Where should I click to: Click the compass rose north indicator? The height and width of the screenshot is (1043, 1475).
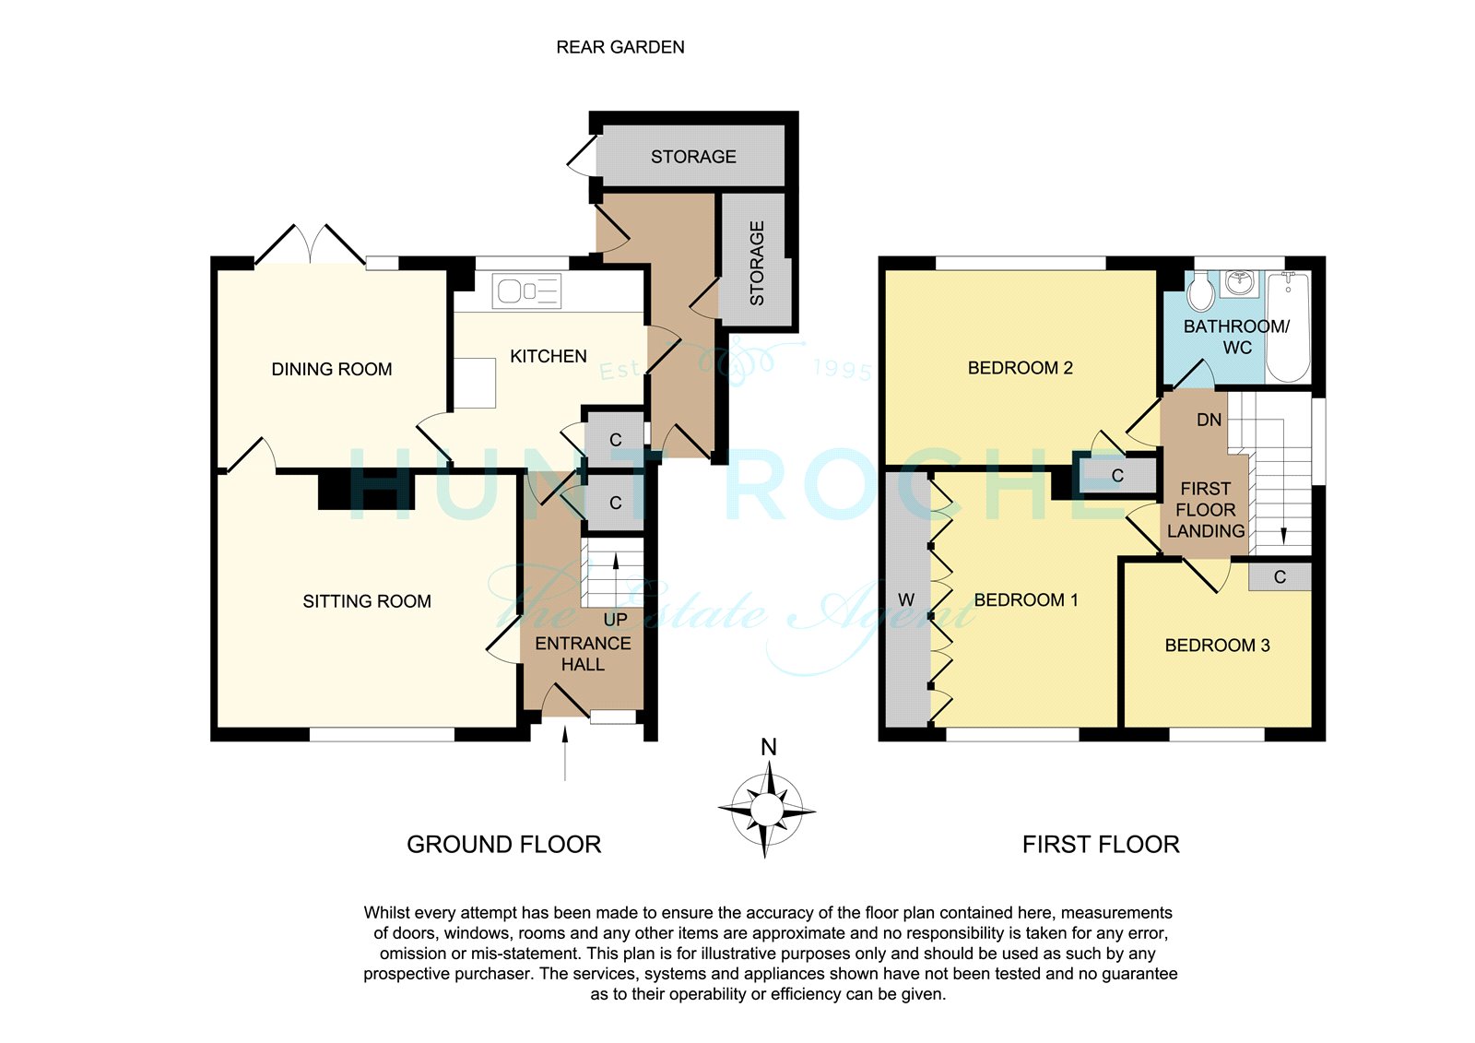click(769, 747)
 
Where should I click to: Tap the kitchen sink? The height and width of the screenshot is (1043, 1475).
click(526, 290)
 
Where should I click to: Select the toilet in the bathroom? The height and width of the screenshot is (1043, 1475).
click(1202, 292)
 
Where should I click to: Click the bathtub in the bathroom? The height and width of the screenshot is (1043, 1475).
click(1288, 326)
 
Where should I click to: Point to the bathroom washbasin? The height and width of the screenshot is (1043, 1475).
click(1240, 284)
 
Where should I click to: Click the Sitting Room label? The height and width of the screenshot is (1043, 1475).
click(367, 601)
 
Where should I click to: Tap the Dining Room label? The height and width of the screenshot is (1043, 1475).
click(332, 369)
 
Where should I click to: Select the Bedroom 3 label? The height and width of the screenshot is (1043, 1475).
click(1218, 645)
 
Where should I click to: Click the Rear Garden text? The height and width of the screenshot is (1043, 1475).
click(620, 47)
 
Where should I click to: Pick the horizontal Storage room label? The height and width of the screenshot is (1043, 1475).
click(693, 157)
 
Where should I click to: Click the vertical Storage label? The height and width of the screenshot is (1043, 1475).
click(757, 263)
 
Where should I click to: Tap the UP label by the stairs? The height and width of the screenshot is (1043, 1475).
click(616, 620)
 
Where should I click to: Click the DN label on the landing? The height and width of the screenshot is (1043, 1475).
click(1209, 420)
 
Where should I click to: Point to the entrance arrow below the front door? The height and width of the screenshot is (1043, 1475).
click(565, 753)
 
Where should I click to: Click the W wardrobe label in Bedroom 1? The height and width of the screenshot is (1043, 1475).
click(906, 600)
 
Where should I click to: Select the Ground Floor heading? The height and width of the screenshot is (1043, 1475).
click(503, 845)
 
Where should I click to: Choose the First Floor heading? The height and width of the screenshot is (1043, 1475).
click(1101, 845)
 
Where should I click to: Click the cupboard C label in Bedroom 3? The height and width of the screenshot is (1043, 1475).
click(1280, 577)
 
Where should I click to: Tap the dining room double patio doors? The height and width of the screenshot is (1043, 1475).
click(310, 245)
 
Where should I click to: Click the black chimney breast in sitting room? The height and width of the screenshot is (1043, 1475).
click(366, 491)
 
